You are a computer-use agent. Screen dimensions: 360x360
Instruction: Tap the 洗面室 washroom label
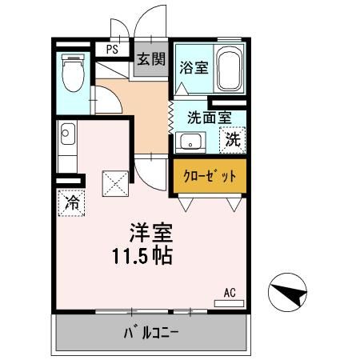point(210,117)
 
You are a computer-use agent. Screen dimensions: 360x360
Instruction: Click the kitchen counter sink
point(66,133)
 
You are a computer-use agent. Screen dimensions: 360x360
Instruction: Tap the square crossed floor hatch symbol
point(115,183)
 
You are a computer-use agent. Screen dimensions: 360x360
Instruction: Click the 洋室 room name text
point(150,234)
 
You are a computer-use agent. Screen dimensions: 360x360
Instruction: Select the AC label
point(229,292)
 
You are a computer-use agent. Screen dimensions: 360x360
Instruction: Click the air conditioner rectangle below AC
point(229,302)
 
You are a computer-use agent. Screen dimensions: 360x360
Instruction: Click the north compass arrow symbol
point(289,294)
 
